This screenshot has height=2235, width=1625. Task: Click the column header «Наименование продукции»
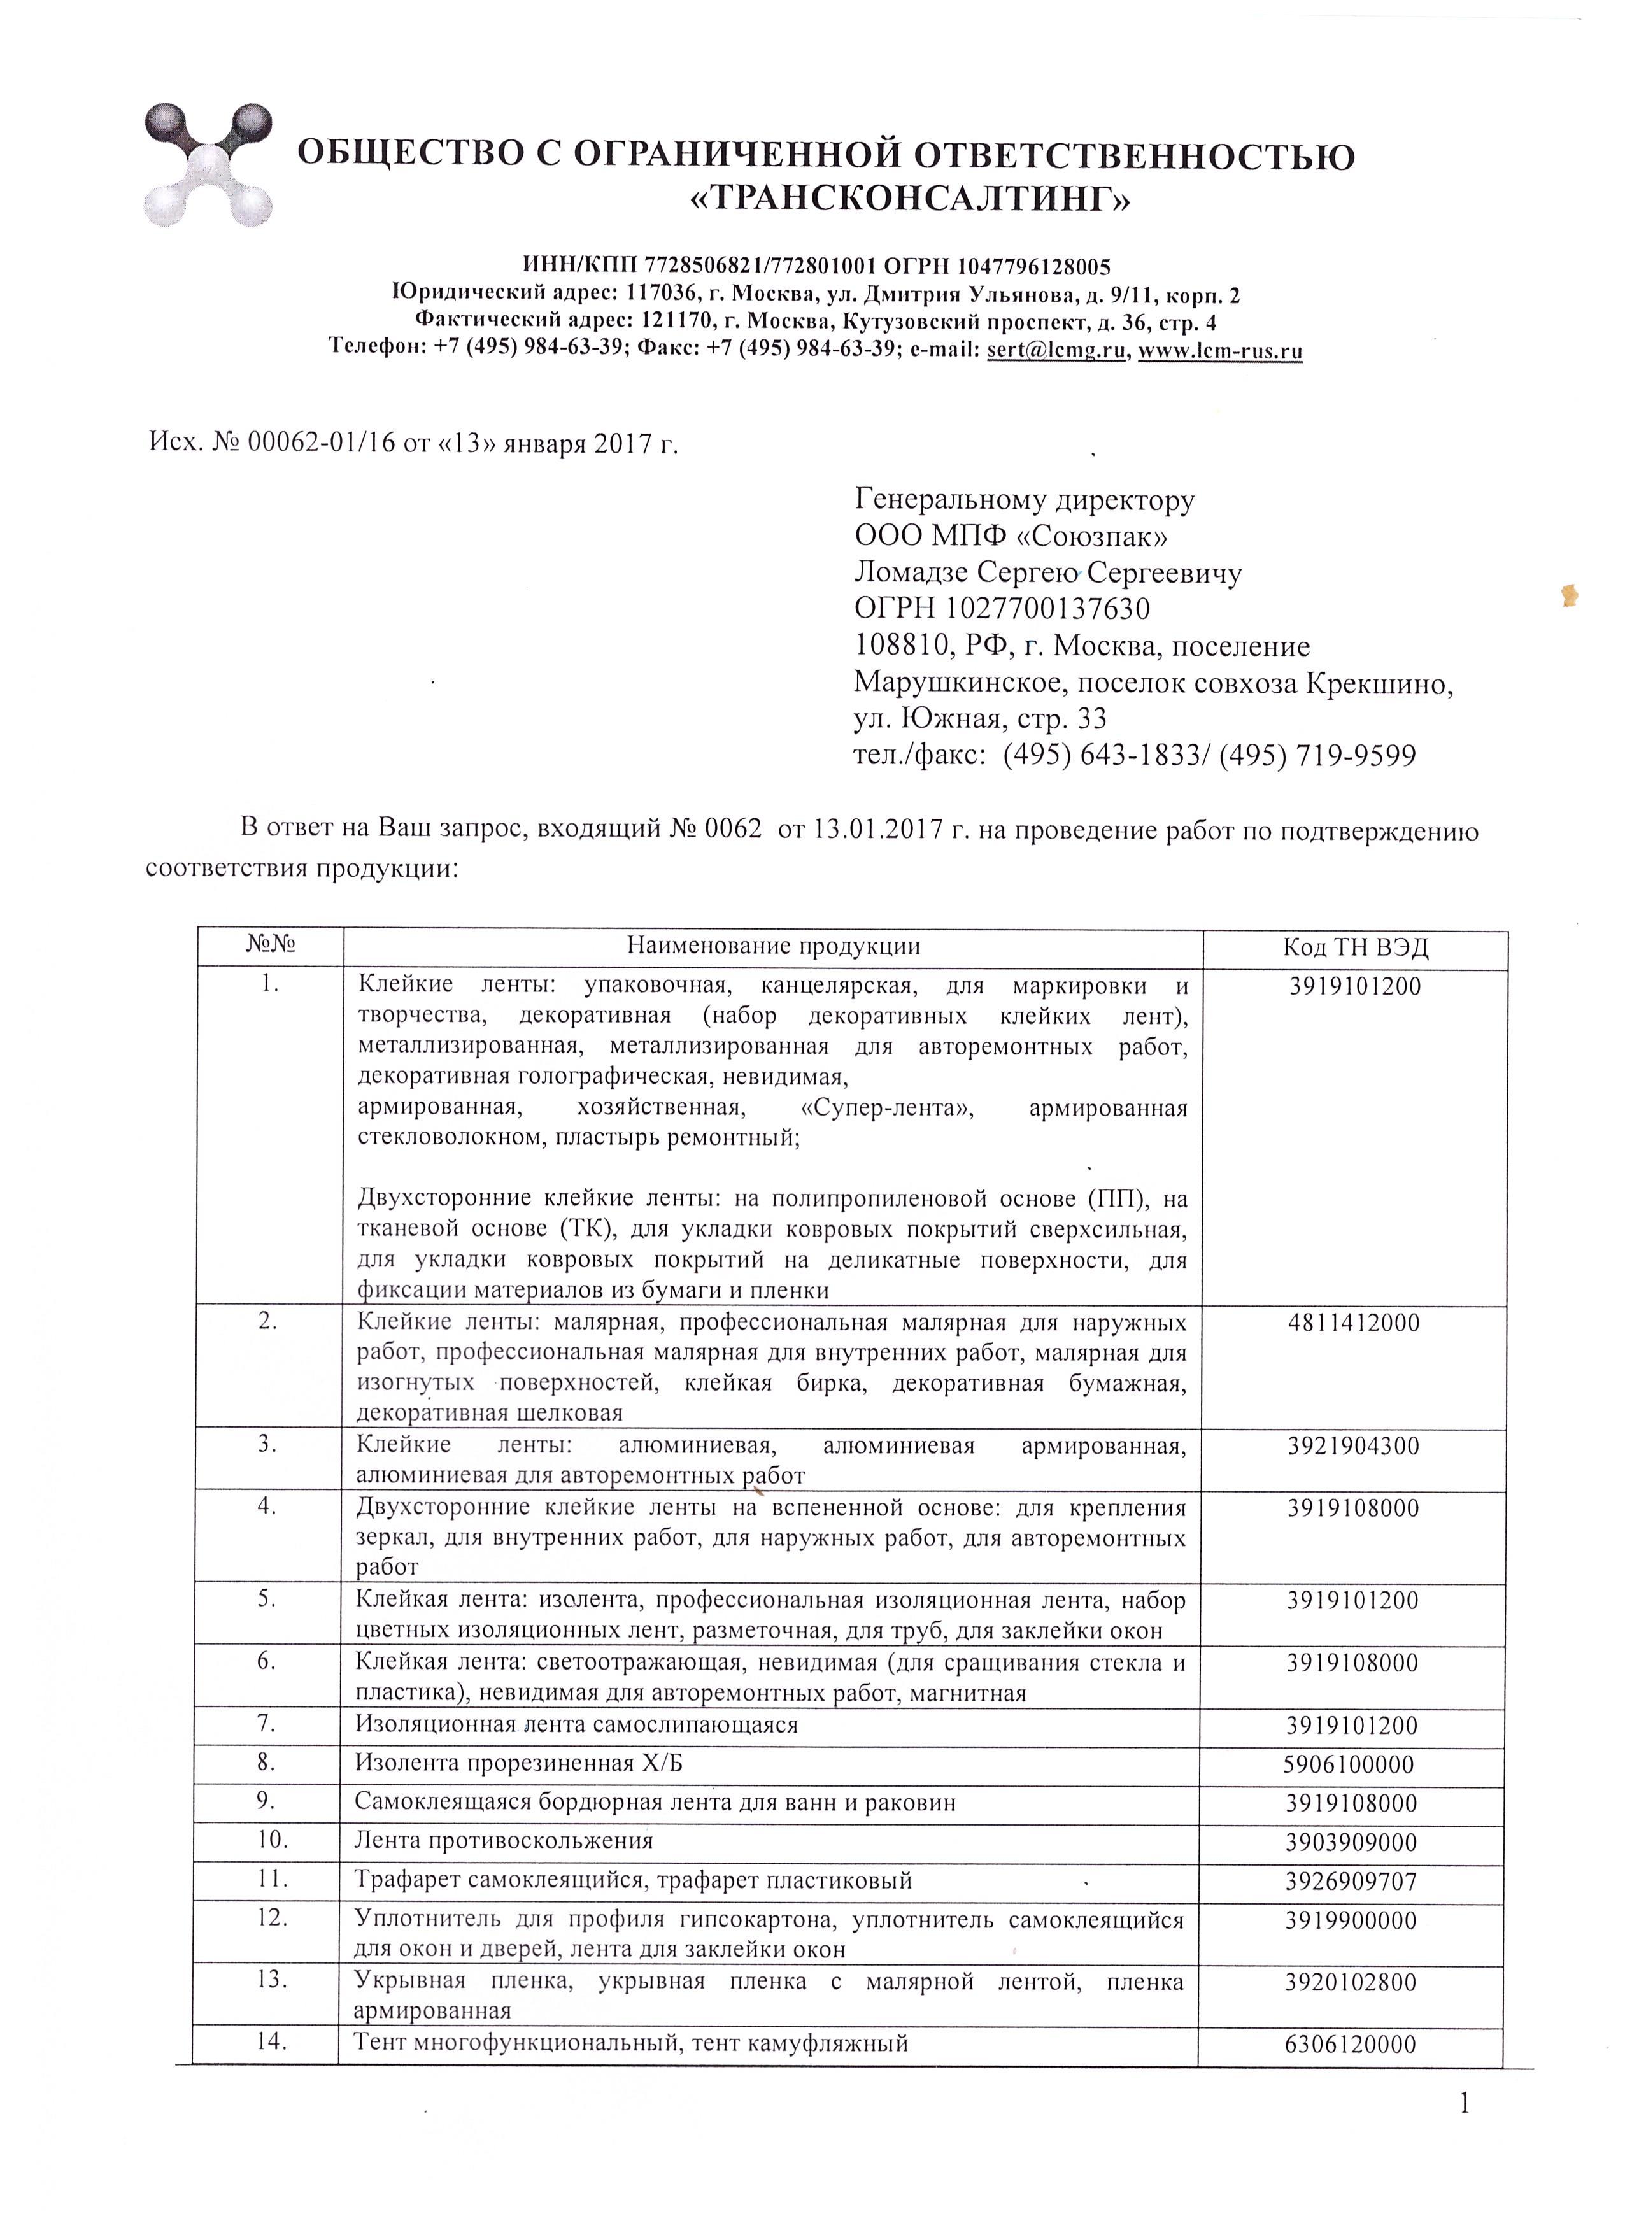pyautogui.click(x=774, y=947)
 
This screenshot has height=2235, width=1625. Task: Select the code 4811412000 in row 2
pyautogui.click(x=1354, y=1323)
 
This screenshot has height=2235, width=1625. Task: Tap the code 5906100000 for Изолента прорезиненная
pyautogui.click(x=1348, y=1764)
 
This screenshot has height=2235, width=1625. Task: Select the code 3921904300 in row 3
pyautogui.click(x=1353, y=1447)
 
